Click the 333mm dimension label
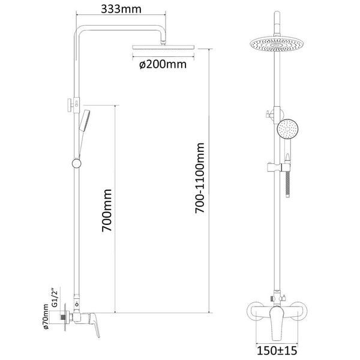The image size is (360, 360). [121, 9]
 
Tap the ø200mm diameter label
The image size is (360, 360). [163, 64]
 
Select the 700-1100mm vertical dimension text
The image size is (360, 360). [200, 178]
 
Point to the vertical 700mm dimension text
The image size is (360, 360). [107, 211]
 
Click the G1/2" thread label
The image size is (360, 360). [55, 298]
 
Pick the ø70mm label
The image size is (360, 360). [46, 317]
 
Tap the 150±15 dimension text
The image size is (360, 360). [277, 350]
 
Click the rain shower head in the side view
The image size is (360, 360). [163, 47]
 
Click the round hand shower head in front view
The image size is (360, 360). [287, 129]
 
